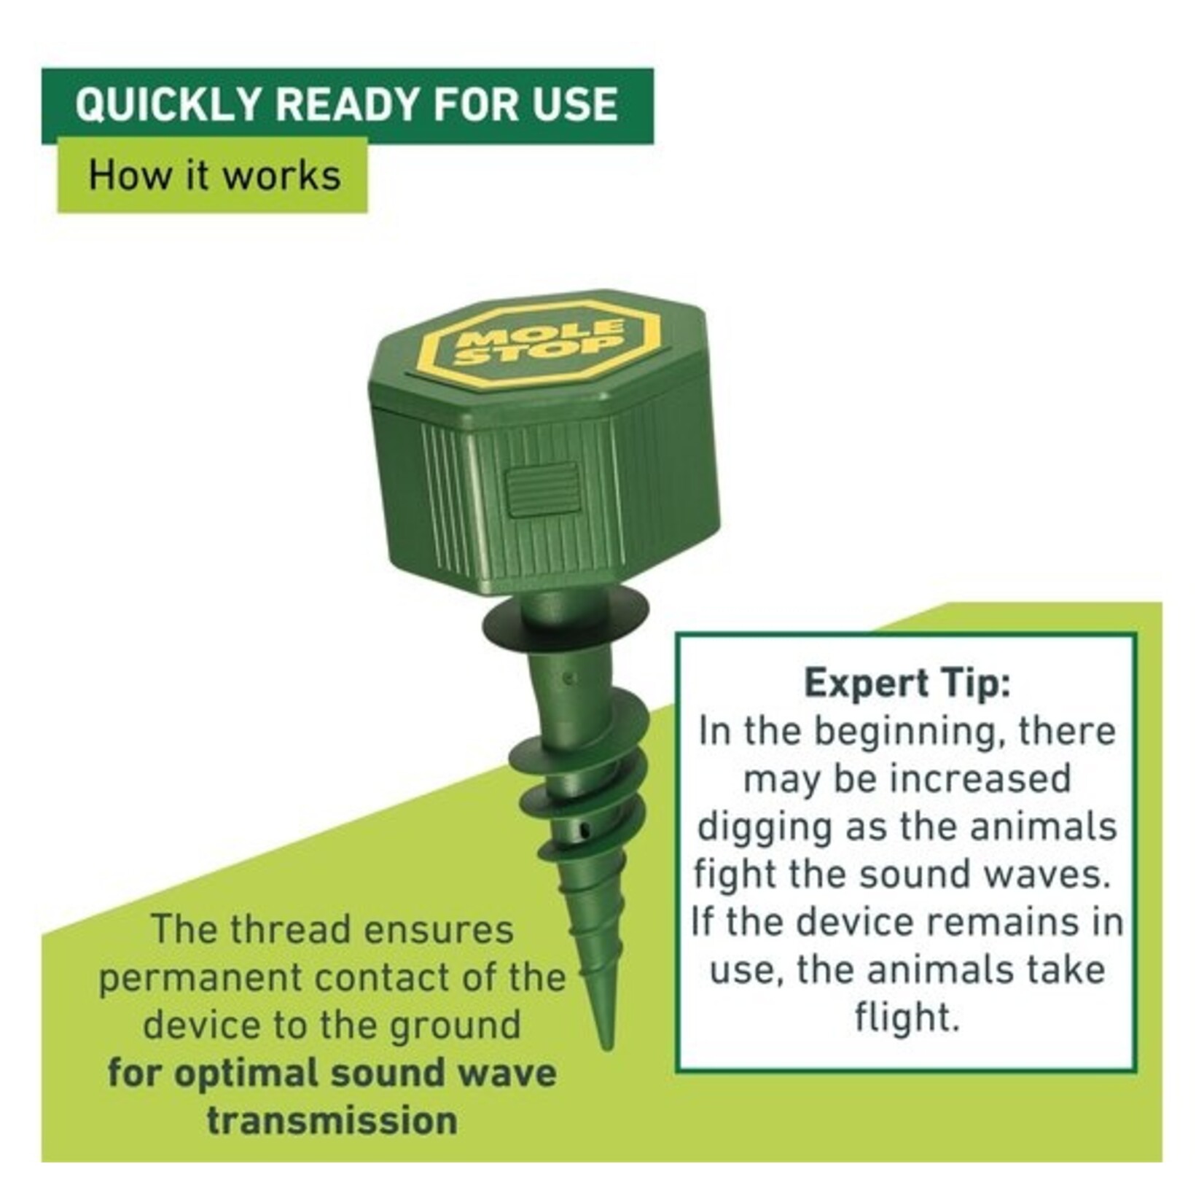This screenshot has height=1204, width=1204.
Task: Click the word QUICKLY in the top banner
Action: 167,105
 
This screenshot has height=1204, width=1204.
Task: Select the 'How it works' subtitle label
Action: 214,176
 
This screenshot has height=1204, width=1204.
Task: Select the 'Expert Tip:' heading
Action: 907,684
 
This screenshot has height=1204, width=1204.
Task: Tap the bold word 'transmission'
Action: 332,1119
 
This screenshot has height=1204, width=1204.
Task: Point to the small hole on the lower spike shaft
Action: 581,830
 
